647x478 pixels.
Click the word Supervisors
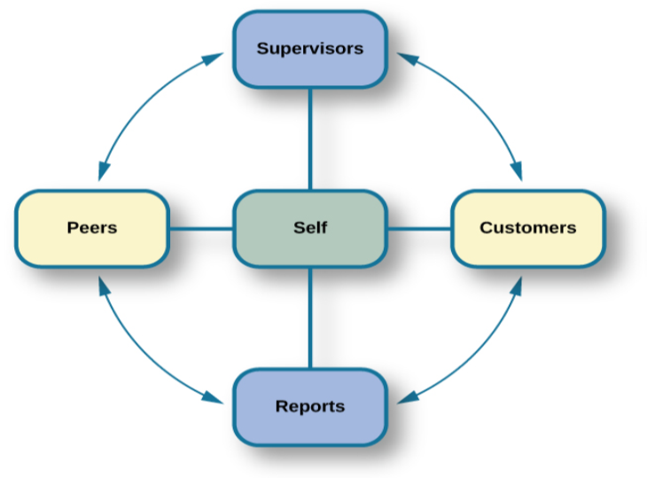coord(309,49)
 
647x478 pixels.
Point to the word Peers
coord(92,228)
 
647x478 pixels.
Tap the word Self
coord(309,228)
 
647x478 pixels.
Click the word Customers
coord(527,228)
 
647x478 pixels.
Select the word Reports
coord(309,407)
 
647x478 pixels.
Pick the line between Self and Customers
coord(418,229)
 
